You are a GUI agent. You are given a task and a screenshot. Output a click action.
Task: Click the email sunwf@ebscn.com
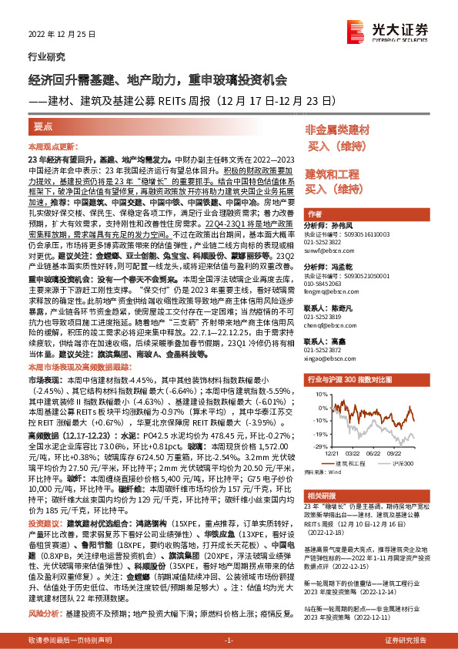pos(330,250)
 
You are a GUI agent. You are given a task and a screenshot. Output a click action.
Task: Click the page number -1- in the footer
pos(229,641)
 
